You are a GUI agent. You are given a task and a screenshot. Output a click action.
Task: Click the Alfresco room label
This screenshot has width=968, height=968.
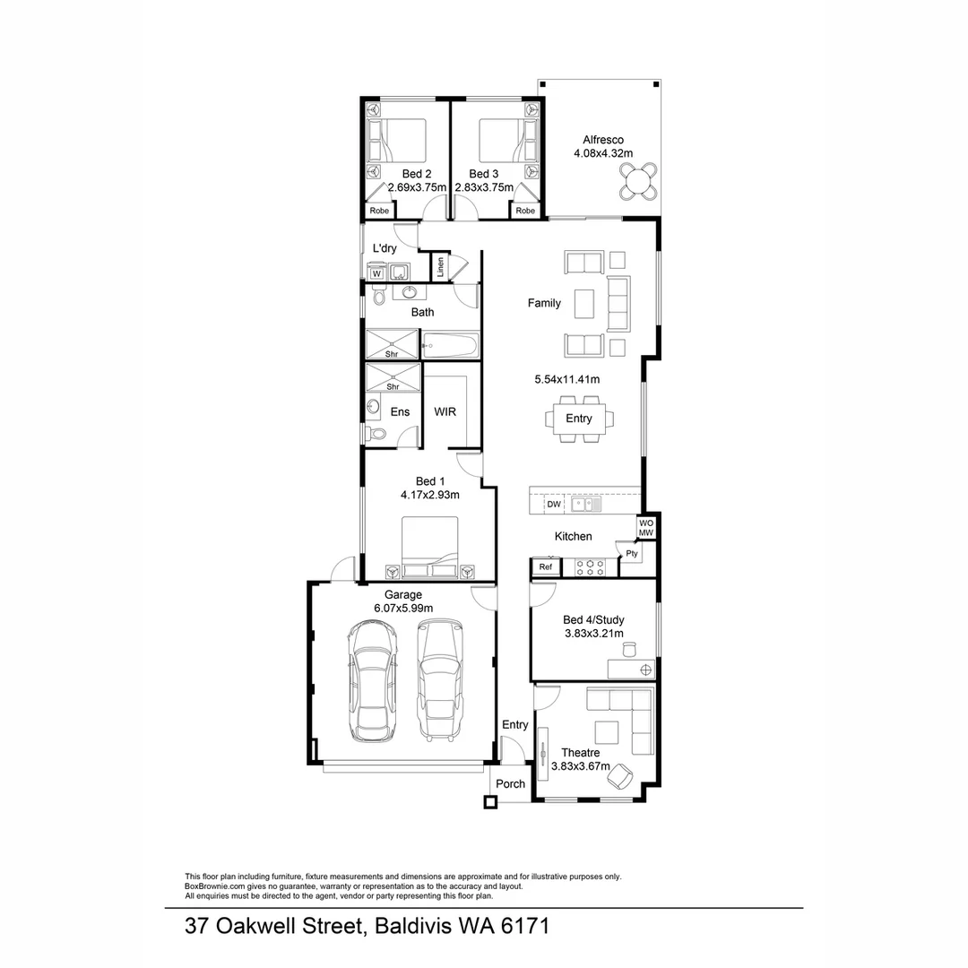click(603, 140)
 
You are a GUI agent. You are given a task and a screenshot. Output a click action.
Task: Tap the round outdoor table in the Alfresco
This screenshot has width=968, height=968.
click(638, 183)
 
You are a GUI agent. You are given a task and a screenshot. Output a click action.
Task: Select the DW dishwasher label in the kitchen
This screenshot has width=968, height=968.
click(554, 505)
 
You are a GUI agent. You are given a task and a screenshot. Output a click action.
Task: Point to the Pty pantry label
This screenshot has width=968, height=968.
click(632, 554)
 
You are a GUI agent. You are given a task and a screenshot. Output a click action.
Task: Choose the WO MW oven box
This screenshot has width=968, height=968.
click(645, 527)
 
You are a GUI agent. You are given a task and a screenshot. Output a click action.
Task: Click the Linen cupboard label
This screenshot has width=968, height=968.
click(440, 267)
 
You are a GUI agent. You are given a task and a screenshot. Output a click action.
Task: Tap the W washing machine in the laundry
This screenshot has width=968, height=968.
click(376, 273)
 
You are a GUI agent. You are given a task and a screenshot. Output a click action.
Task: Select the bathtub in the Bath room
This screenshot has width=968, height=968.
click(450, 344)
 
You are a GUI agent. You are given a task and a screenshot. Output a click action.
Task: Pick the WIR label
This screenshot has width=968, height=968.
click(445, 412)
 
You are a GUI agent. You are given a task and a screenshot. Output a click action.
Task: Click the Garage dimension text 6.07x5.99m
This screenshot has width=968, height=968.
click(403, 609)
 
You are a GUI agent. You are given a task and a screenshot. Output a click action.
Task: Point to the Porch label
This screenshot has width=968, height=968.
click(511, 783)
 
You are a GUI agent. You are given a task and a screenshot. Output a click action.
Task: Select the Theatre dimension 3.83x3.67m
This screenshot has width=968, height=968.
click(580, 766)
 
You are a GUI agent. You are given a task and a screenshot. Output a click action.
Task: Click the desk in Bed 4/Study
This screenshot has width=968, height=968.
click(631, 669)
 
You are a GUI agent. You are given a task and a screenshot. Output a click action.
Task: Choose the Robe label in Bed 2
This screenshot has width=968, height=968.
click(379, 212)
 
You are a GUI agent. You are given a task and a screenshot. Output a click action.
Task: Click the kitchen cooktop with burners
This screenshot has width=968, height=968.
click(592, 566)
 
